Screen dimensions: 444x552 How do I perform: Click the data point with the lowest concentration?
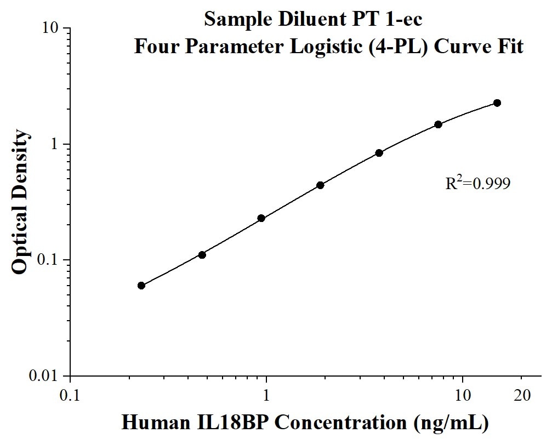pyautogui.click(x=141, y=286)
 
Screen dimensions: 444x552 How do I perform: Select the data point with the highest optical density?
pyautogui.click(x=497, y=103)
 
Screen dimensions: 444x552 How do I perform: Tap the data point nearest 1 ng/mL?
pyautogui.click(x=261, y=218)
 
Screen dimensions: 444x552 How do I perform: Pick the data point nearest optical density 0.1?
pyautogui.click(x=202, y=255)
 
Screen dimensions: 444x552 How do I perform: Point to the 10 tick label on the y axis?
pyautogui.click(x=51, y=28)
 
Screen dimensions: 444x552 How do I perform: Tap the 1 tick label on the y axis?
pyautogui.click(x=55, y=144)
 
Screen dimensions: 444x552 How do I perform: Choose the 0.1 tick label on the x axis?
pyautogui.click(x=70, y=395)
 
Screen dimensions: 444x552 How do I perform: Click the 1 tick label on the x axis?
pyautogui.click(x=266, y=395)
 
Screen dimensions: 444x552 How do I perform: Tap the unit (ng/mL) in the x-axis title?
pyautogui.click(x=444, y=423)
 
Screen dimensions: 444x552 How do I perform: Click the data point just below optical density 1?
pyautogui.click(x=379, y=153)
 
